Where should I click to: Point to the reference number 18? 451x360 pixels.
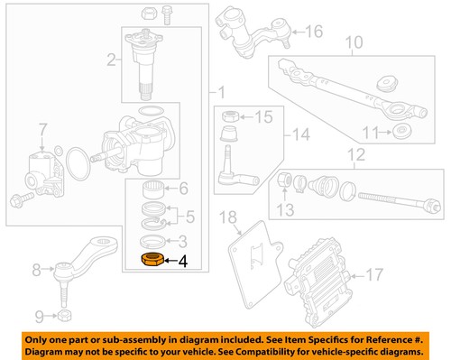pyautogui.click(x=228, y=217)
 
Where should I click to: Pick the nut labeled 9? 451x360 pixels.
pyautogui.click(x=66, y=316)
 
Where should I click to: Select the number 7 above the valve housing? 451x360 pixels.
pyautogui.click(x=39, y=140)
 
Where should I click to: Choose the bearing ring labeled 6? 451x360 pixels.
pyautogui.click(x=152, y=189)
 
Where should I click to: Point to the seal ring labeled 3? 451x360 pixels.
pyautogui.click(x=152, y=241)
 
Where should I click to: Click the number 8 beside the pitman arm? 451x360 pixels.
pyautogui.click(x=38, y=268)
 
